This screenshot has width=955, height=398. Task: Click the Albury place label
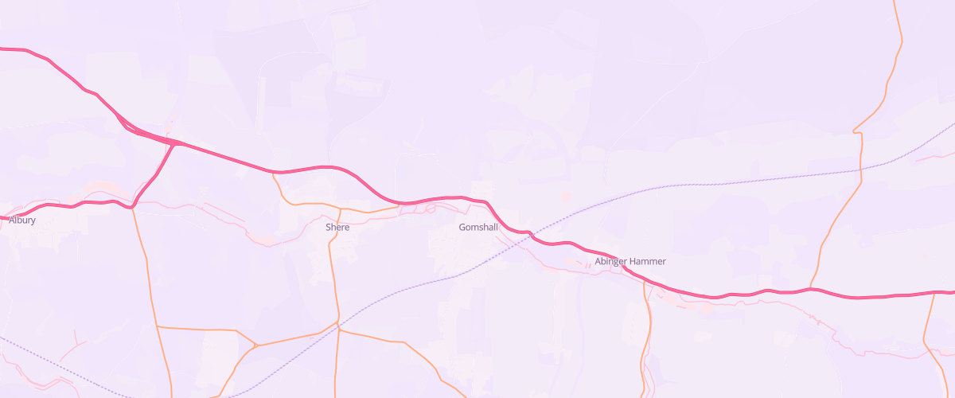[22, 220]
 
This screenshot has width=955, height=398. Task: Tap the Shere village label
[337, 228]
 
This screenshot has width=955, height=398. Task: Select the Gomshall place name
[478, 228]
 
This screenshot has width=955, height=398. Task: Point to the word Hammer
[648, 262]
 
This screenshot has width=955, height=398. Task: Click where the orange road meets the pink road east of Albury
[133, 207]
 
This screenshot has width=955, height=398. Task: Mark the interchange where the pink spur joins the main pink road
[177, 143]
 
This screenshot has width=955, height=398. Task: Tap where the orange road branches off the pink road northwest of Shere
[273, 172]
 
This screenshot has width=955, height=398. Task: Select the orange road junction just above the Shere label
[341, 209]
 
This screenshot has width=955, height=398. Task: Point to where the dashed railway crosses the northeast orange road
[861, 170]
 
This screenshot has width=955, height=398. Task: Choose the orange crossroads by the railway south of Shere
[338, 327]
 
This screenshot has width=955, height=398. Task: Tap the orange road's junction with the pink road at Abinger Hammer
[644, 280]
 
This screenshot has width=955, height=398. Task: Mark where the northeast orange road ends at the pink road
[810, 289]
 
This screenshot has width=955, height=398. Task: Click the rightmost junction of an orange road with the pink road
[935, 294]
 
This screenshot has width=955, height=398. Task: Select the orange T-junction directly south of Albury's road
[158, 326]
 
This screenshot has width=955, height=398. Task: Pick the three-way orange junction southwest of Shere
[256, 346]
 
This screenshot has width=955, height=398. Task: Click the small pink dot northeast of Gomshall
[566, 196]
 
